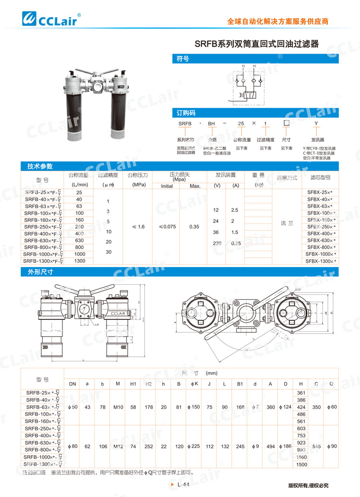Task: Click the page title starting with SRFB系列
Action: (x=256, y=44)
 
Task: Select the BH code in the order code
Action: (x=211, y=124)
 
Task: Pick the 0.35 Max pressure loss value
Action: (x=195, y=227)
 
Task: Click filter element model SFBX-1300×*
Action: (x=321, y=261)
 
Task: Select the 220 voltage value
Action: (x=217, y=243)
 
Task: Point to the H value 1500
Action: (x=301, y=465)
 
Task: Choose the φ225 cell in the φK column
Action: (x=195, y=446)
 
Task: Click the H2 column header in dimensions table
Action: (x=149, y=384)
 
